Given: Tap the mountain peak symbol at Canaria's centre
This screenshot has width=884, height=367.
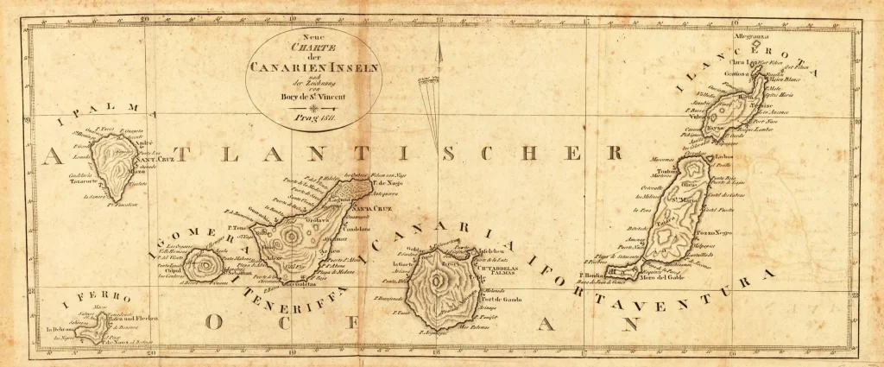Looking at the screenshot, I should click(x=441, y=277).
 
